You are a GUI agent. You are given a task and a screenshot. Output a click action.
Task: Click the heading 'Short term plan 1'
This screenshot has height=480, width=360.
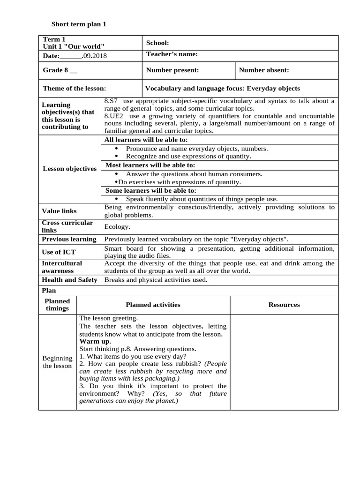pos(79,24)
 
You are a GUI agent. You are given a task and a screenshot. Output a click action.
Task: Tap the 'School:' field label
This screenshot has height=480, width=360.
pos(157,43)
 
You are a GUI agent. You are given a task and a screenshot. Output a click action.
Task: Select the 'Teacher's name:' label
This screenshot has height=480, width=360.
pos(172,54)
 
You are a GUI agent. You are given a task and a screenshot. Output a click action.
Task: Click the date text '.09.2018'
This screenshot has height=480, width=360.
pos(94,56)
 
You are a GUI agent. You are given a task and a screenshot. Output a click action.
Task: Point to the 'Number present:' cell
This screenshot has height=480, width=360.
pos(172,70)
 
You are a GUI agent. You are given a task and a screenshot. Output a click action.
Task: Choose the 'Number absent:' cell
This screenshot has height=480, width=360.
pos(264,70)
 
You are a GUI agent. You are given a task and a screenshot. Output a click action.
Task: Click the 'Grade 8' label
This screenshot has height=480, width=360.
pos(60,70)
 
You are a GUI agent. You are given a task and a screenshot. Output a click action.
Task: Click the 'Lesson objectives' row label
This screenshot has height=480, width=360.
pos(69,169)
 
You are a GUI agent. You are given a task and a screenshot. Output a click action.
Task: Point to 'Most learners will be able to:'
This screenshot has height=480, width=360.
pos(150,165)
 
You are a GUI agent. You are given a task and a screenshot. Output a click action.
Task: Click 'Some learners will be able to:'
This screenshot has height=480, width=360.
pos(150,190)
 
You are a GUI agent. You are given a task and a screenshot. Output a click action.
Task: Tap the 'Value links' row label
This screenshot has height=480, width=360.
pos(60,211)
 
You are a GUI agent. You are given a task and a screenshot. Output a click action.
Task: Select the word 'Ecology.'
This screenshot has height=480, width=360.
pos(117,227)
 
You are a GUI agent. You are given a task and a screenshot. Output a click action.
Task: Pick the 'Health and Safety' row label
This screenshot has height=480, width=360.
pos(69,280)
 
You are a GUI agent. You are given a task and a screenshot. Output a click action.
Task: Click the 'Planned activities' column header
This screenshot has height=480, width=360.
pos(153,305)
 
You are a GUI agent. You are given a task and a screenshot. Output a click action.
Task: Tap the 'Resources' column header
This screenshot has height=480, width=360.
pos(284,305)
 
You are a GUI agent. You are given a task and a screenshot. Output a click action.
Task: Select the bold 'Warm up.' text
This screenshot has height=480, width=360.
pos(95,341)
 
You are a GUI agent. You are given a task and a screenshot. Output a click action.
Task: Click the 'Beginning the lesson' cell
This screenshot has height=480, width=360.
pos(57,362)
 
